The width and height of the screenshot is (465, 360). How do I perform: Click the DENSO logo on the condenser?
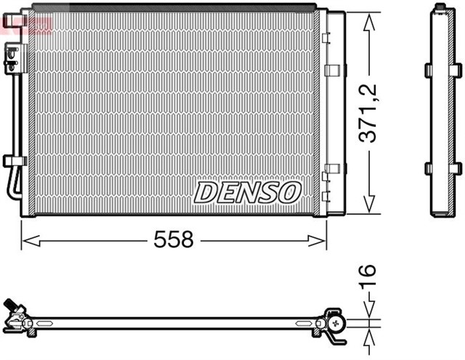tap(247, 192)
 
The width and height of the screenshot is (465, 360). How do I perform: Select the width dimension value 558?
tap(173, 240)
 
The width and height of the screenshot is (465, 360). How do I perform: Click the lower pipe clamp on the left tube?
tap(13, 160)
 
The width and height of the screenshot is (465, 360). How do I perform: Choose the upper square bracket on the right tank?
tap(332, 70)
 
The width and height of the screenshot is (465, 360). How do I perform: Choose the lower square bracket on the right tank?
tap(332, 169)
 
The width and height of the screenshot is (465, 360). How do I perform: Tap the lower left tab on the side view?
tap(427, 169)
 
